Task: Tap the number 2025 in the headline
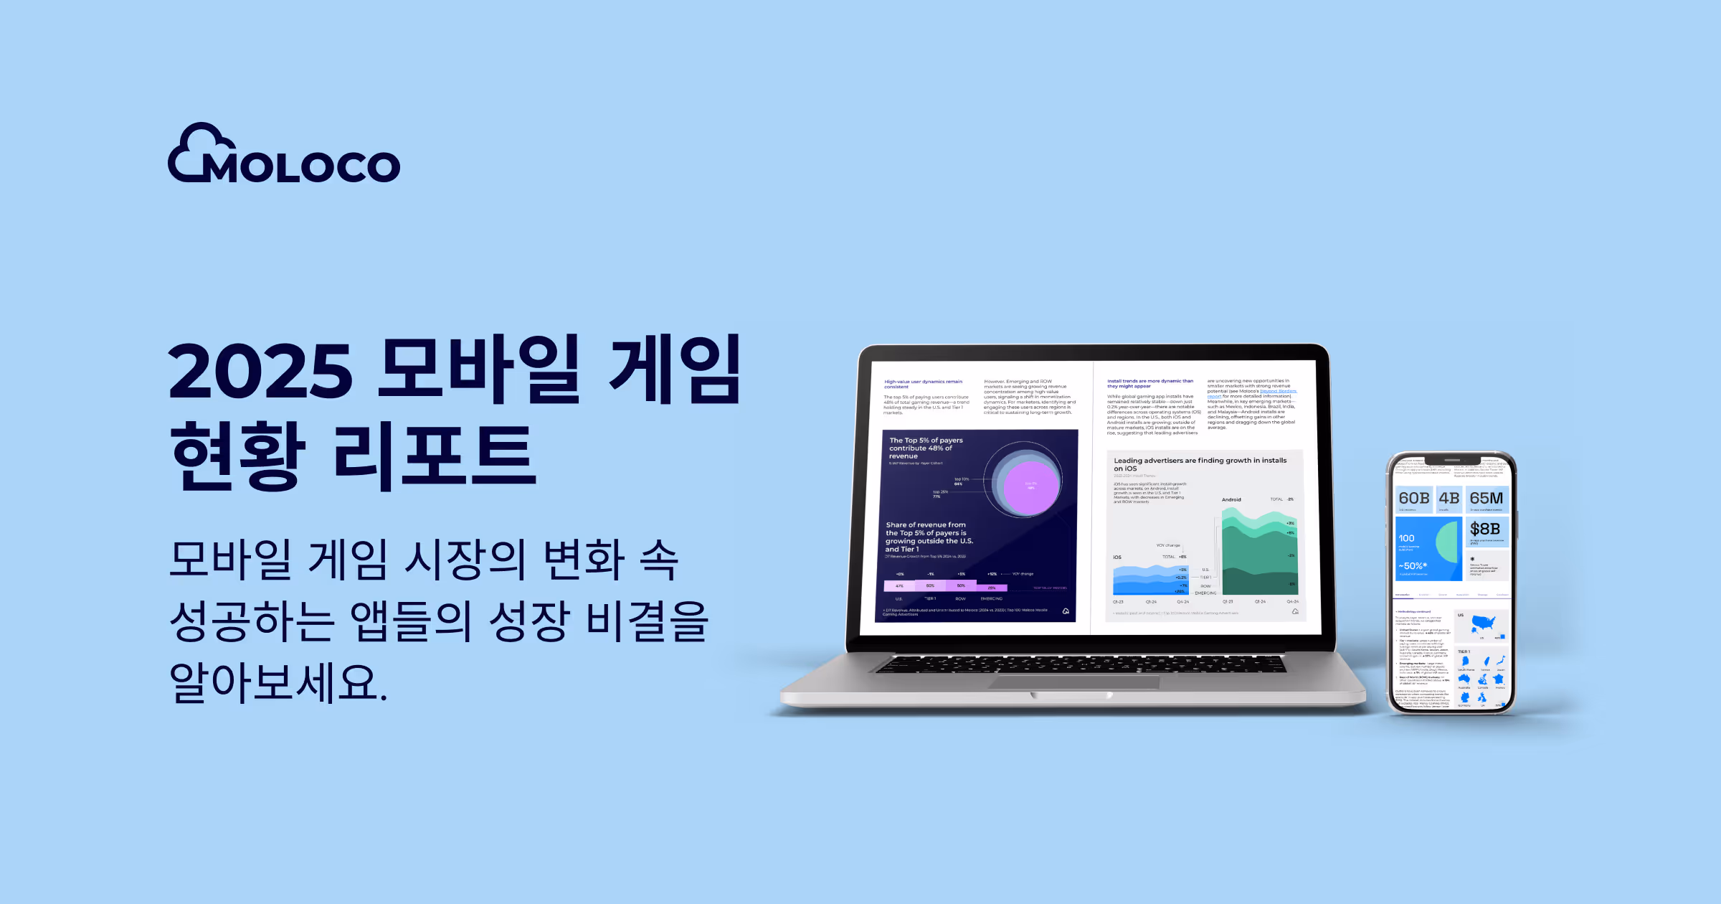point(260,371)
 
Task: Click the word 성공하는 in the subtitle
point(252,621)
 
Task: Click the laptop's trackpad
point(1073,682)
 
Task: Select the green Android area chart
point(1259,552)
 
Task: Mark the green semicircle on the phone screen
point(1449,541)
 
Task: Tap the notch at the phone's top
point(1452,460)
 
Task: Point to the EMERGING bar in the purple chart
point(992,588)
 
